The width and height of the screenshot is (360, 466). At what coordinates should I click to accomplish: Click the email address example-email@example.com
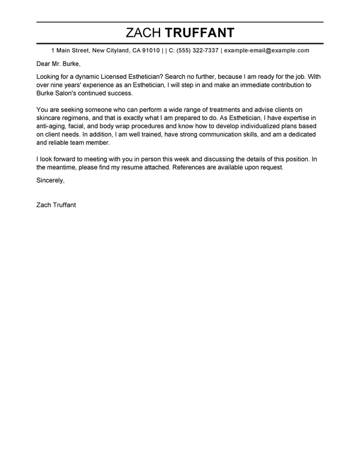pyautogui.click(x=266, y=50)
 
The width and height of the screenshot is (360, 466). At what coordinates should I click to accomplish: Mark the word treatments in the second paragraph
pyautogui.click(x=218, y=110)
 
